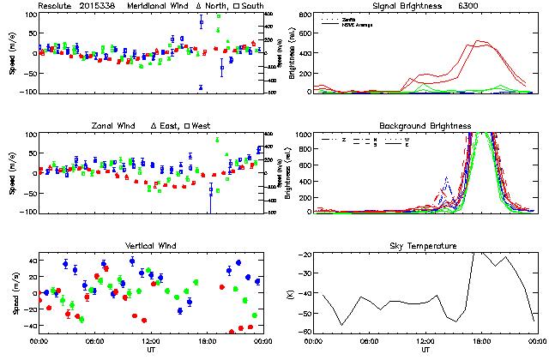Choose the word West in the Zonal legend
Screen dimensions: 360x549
pyautogui.click(x=202, y=126)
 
